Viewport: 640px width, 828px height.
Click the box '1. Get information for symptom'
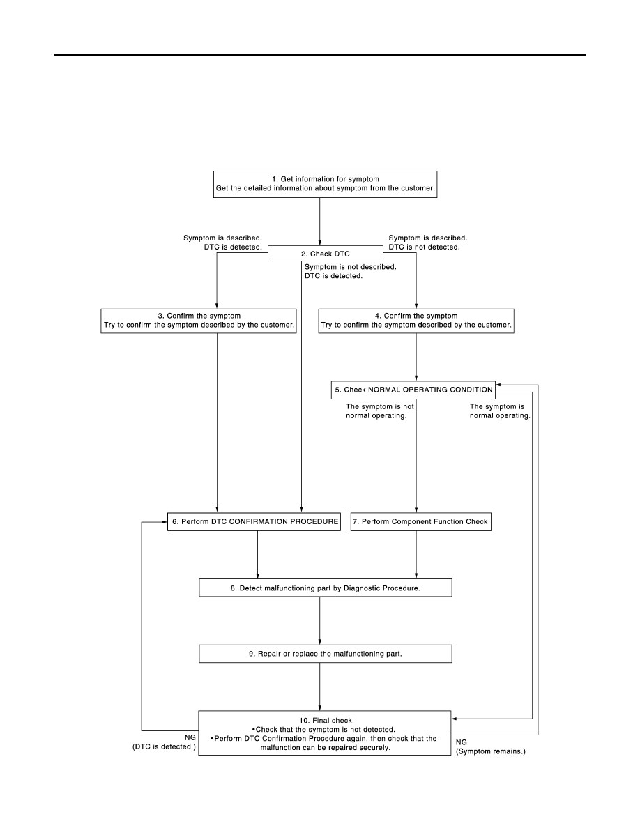click(x=326, y=184)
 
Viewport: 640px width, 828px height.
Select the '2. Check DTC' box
click(x=326, y=254)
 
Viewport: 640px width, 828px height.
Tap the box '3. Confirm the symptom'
click(x=199, y=321)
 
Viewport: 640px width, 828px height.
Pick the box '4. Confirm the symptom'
click(x=416, y=321)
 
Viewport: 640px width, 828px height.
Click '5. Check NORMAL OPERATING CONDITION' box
click(x=413, y=390)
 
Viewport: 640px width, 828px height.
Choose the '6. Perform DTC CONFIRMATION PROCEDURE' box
click(x=254, y=522)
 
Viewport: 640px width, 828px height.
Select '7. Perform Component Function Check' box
click(x=421, y=522)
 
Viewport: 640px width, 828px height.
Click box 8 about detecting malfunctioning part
click(x=326, y=588)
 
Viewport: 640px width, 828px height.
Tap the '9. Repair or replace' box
click(x=326, y=654)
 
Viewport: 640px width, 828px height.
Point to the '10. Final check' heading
click(x=326, y=720)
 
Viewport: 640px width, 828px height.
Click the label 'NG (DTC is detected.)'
click(x=165, y=742)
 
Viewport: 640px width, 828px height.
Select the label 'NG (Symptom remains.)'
click(x=491, y=746)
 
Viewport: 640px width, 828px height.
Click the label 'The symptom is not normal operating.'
click(x=380, y=411)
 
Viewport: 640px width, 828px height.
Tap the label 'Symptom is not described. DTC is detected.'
click(x=350, y=271)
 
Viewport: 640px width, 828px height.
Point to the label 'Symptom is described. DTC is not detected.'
click(x=428, y=243)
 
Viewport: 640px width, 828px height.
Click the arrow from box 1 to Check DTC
click(x=319, y=222)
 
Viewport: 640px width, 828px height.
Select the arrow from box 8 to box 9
click(x=319, y=620)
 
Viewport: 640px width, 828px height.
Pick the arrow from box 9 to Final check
click(x=319, y=687)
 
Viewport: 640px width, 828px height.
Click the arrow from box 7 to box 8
click(x=416, y=555)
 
